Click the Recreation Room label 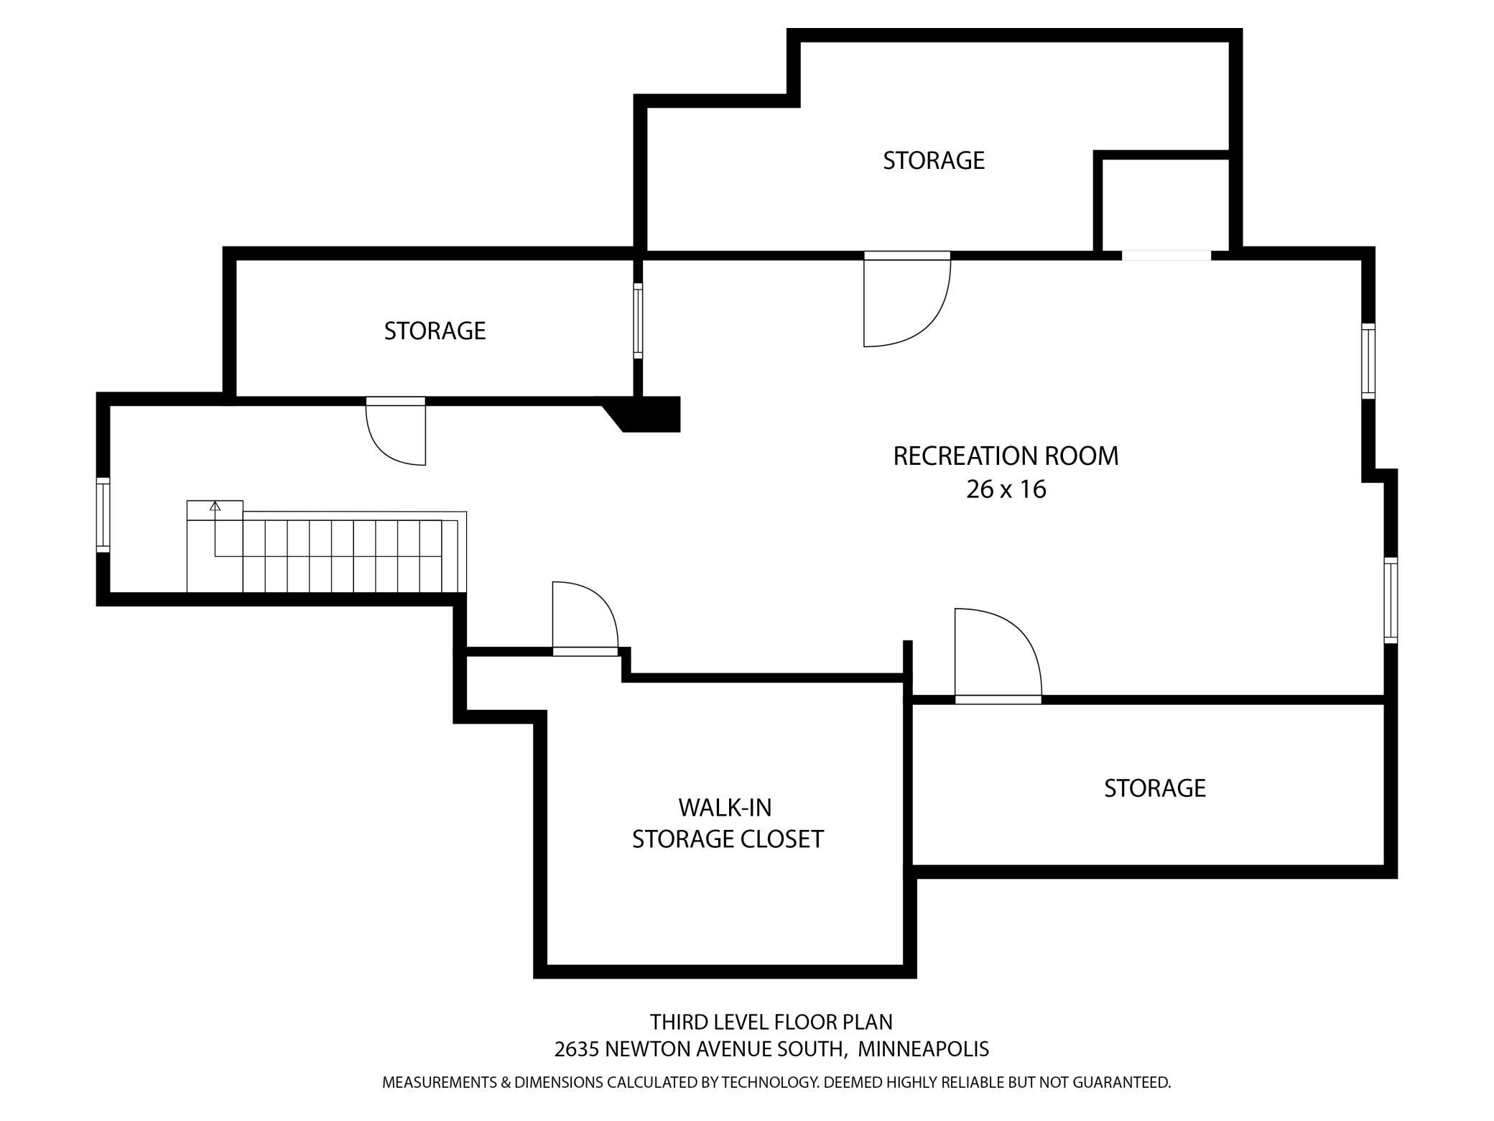click(x=1006, y=456)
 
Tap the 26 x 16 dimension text click(x=1006, y=489)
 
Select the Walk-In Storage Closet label click(x=727, y=824)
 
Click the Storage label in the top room click(x=933, y=160)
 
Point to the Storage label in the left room click(x=435, y=331)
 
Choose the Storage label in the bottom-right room click(x=1154, y=788)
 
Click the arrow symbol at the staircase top click(x=214, y=506)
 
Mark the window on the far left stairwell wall click(x=103, y=515)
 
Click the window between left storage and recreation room click(x=638, y=320)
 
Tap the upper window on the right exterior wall click(x=1368, y=361)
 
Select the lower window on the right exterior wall click(x=1391, y=599)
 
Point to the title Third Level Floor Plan click(x=771, y=1022)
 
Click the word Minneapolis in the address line click(x=923, y=1049)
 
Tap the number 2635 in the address click(x=577, y=1049)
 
